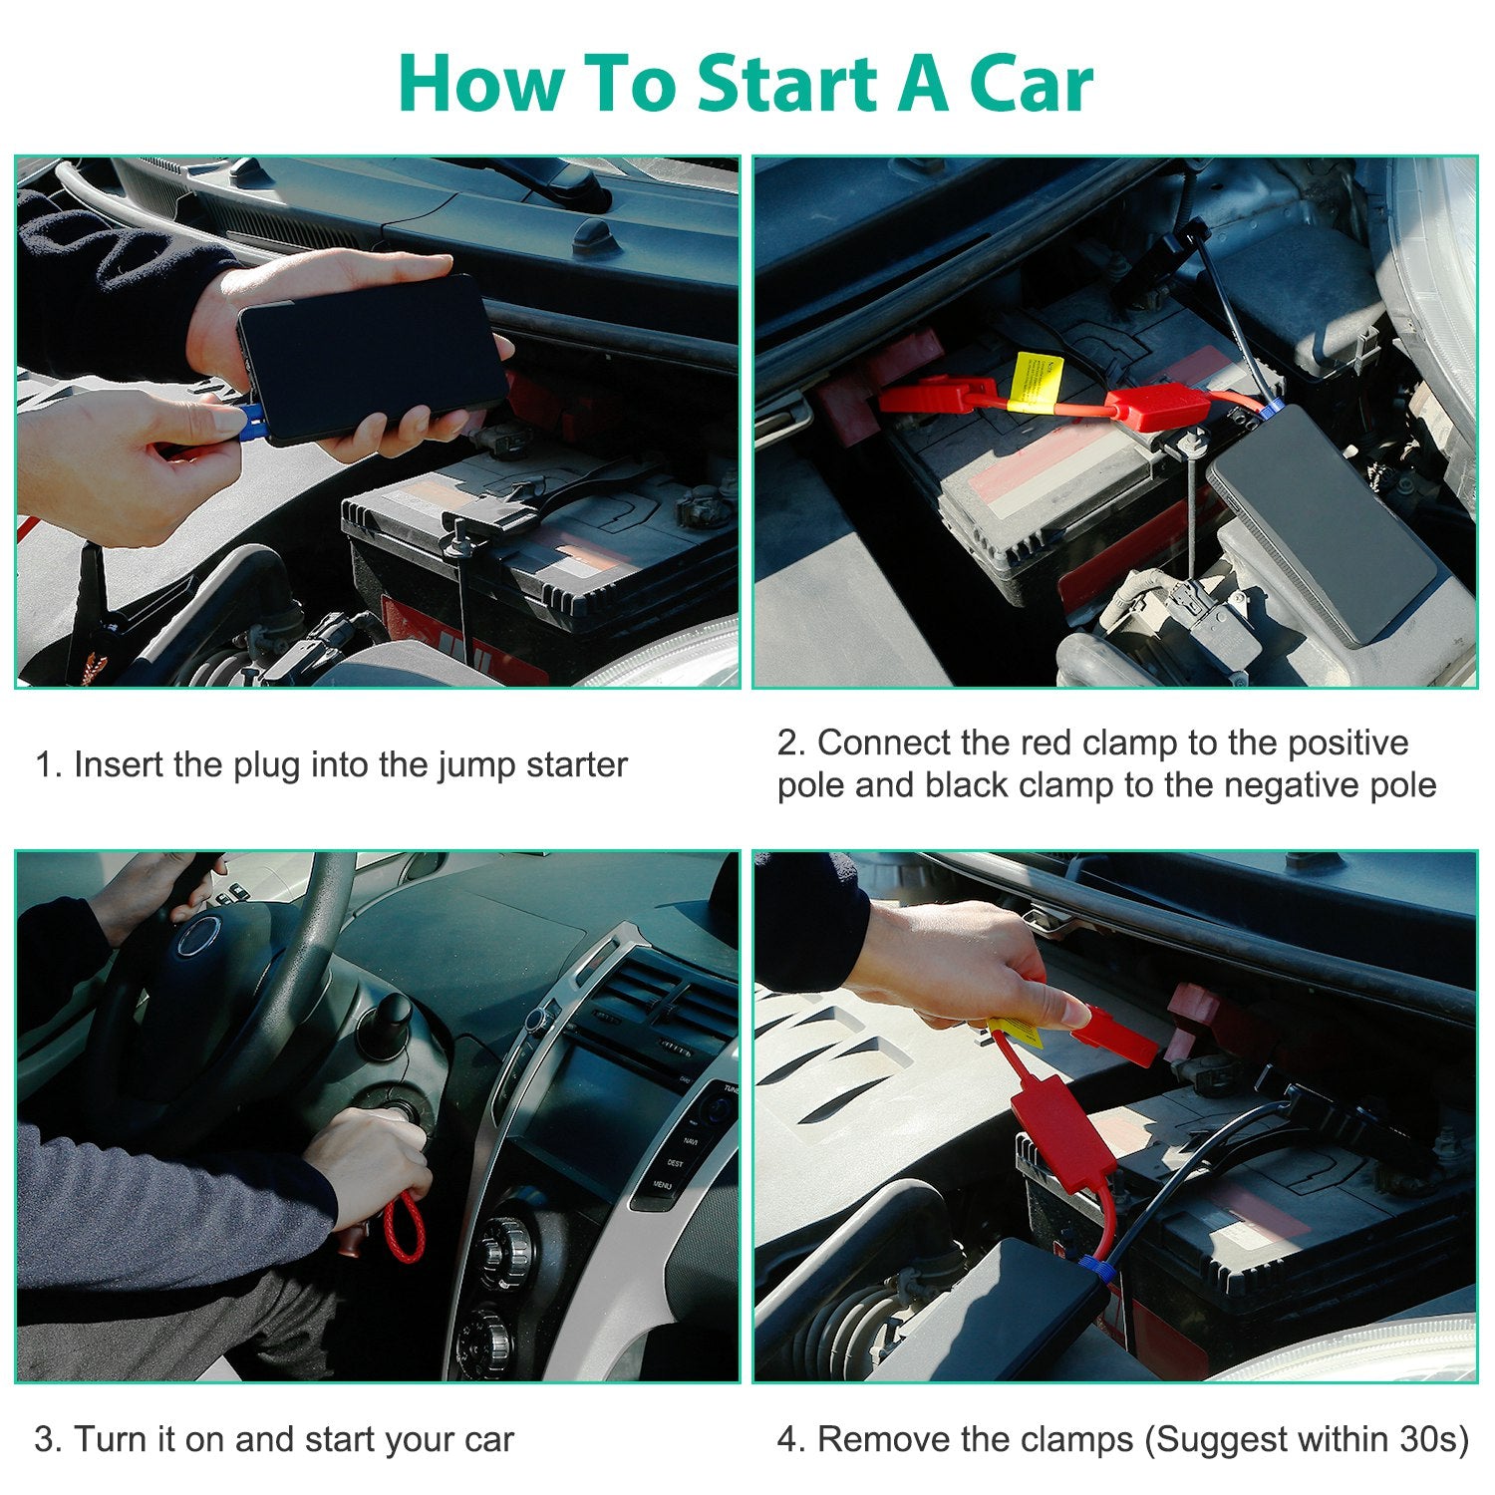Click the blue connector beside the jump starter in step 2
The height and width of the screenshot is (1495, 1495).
point(1270,407)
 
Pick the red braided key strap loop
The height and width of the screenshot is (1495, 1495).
point(405,1226)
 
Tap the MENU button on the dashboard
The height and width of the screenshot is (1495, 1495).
point(662,1185)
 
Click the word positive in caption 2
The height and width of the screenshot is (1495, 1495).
point(1347,743)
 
